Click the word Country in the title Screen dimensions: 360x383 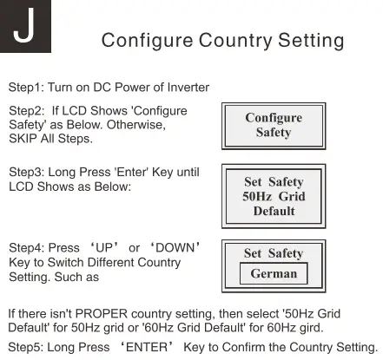click(237, 41)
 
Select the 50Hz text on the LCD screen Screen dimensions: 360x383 click(259, 196)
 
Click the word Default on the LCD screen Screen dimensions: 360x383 click(274, 211)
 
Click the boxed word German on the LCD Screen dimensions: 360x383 click(274, 273)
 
